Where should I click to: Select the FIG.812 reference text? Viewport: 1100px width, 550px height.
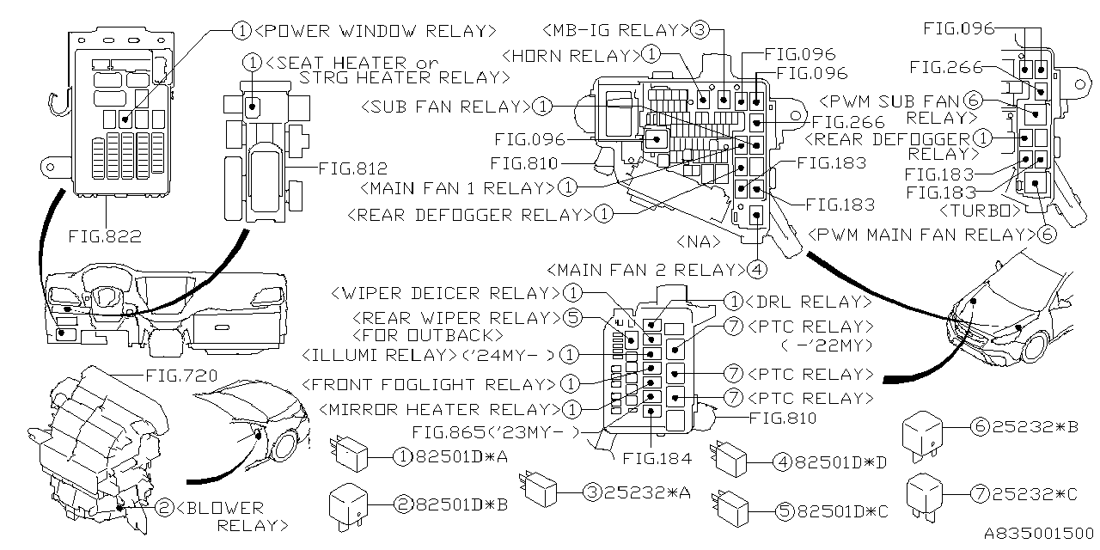(352, 168)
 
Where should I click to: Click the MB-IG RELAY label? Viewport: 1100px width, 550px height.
(616, 30)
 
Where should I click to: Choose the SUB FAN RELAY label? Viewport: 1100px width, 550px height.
(445, 107)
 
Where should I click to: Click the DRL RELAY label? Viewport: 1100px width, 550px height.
(808, 302)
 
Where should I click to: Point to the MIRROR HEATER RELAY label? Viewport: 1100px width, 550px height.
(435, 409)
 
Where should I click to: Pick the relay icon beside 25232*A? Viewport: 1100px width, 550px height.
(541, 492)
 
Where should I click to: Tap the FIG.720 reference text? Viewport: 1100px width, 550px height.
(183, 376)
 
